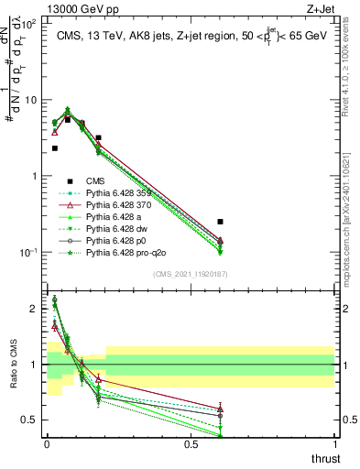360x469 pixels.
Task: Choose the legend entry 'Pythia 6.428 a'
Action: tap(116, 217)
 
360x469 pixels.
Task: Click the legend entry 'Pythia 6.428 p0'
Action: tap(118, 241)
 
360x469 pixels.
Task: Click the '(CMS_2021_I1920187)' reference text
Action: tap(191, 274)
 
